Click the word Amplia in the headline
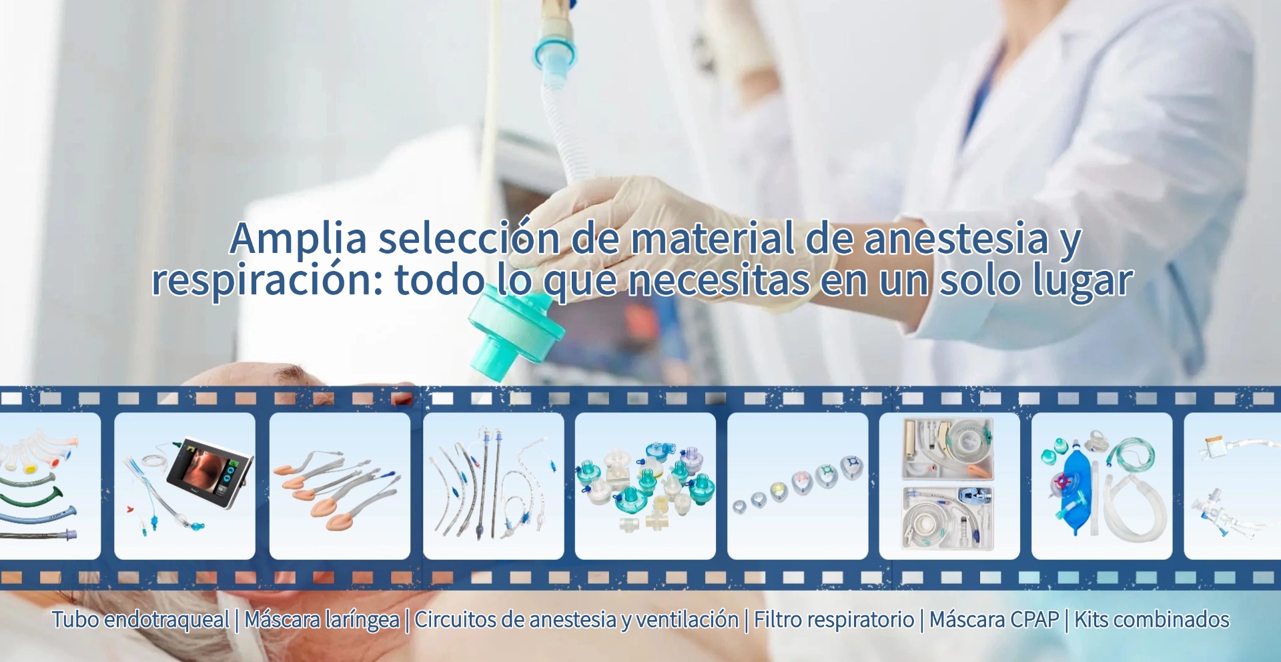(298, 239)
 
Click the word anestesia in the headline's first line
(956, 239)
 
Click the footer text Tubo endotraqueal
(141, 619)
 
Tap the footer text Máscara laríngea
(322, 619)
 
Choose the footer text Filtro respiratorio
(834, 619)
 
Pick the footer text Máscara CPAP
(994, 619)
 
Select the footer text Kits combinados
(1152, 619)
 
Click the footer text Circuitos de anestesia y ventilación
(576, 619)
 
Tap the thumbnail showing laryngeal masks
(340, 486)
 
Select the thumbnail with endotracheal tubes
(494, 486)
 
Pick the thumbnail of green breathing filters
(645, 486)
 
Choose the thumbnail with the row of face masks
(797, 486)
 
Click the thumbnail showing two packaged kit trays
(949, 486)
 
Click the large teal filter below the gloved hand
(514, 334)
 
